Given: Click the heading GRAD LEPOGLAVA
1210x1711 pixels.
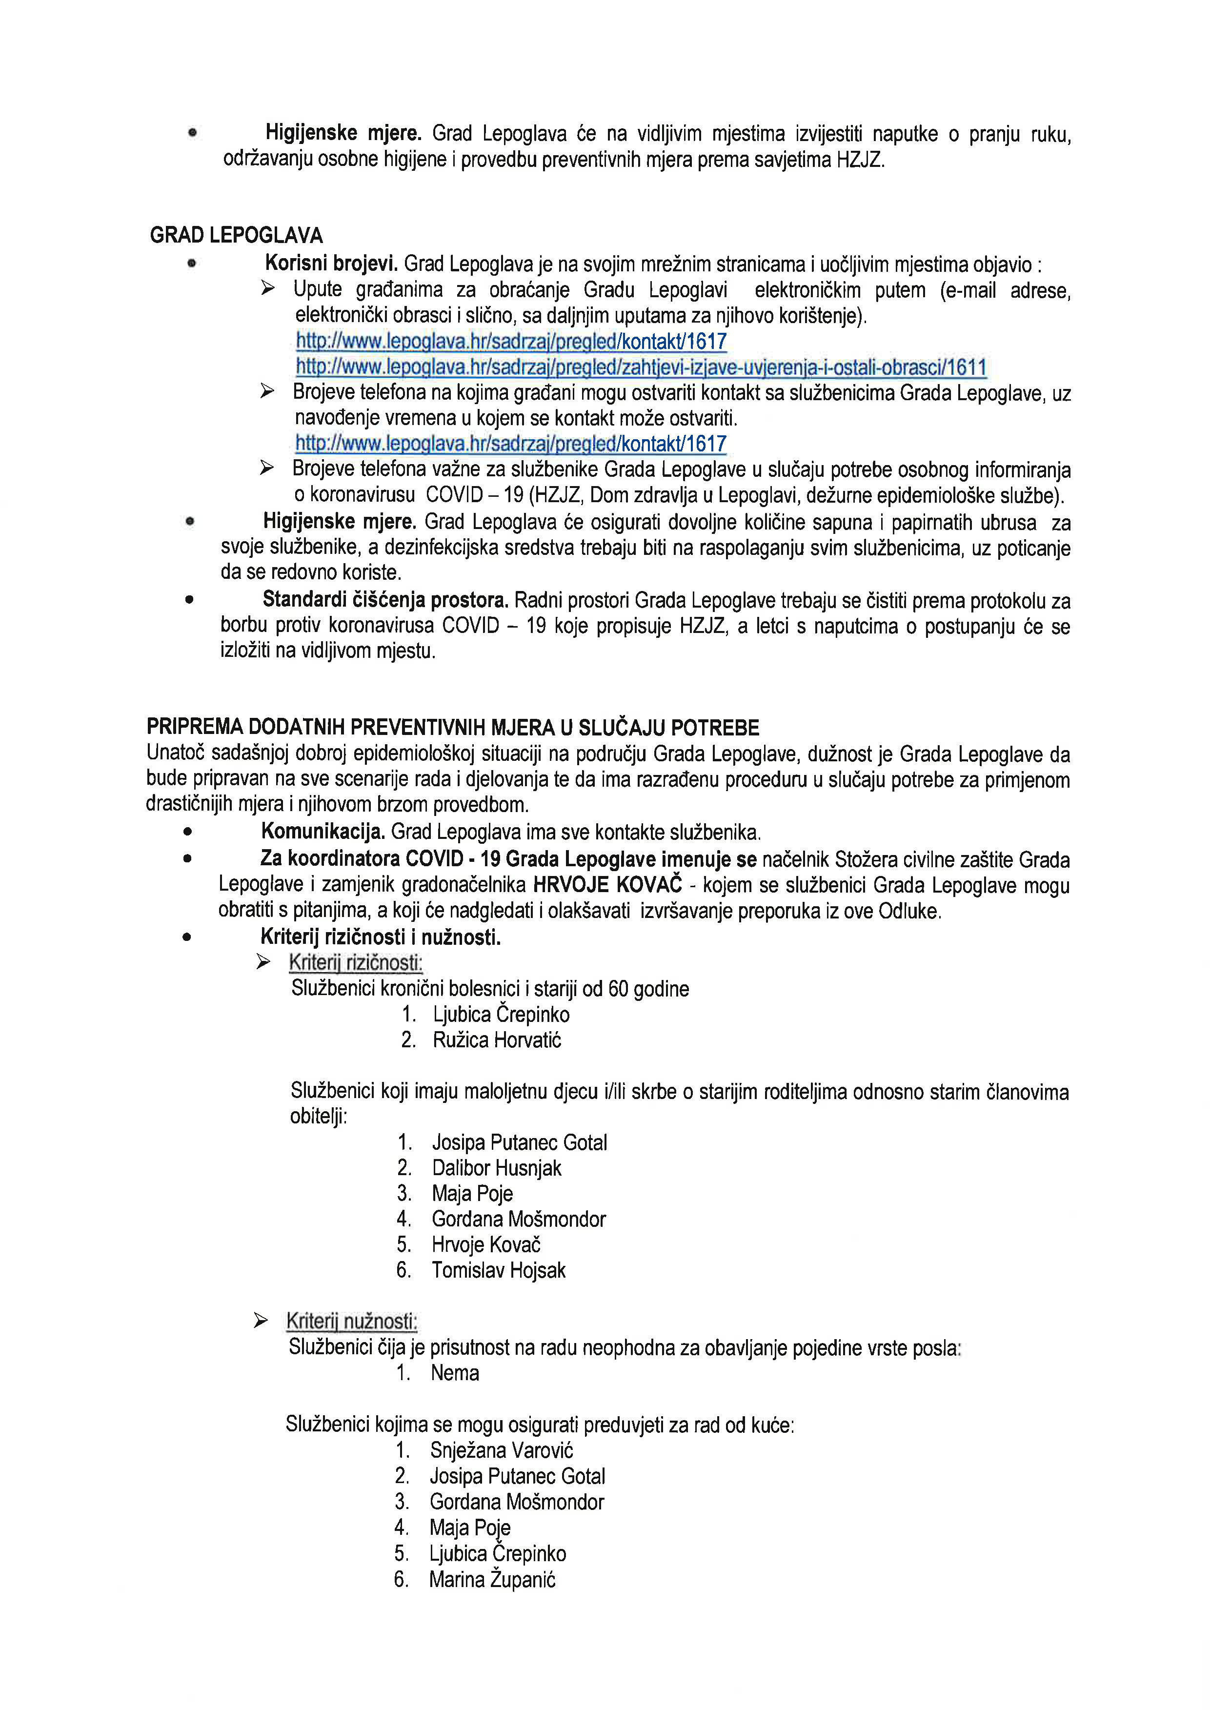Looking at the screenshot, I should (x=236, y=236).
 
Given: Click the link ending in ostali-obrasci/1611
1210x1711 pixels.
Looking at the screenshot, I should (x=641, y=367).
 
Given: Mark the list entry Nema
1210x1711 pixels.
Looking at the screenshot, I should (x=455, y=1373).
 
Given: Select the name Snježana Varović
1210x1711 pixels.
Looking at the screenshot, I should (x=502, y=1450).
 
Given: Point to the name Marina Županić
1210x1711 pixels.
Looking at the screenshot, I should (x=492, y=1579).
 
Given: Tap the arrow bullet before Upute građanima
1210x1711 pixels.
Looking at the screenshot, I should (x=268, y=288).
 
